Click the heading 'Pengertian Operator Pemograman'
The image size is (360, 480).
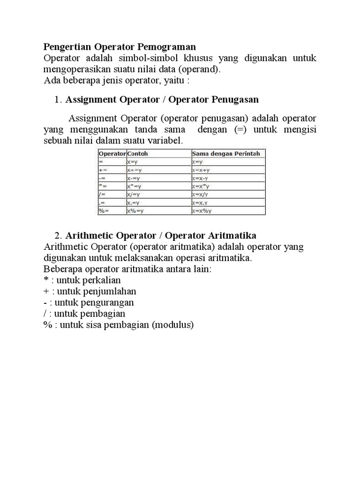(x=120, y=47)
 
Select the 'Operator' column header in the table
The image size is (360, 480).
(x=112, y=153)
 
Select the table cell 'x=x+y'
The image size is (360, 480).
(x=201, y=170)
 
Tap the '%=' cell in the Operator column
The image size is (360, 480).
(x=104, y=211)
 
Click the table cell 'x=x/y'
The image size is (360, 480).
(x=201, y=195)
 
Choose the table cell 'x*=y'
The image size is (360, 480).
(x=135, y=186)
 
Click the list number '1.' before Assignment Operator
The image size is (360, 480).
(x=58, y=100)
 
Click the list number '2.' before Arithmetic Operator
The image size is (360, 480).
(x=58, y=235)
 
